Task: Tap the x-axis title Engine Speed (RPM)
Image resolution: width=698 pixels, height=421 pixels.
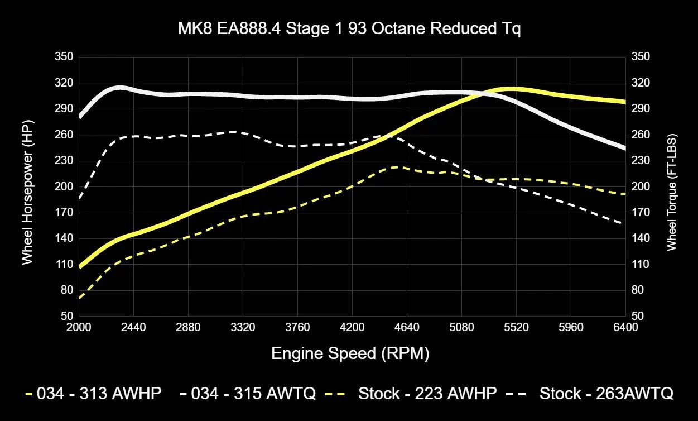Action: (350, 353)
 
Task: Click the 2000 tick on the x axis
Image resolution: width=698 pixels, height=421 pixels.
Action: (79, 327)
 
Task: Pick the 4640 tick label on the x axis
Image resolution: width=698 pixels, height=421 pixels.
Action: (407, 327)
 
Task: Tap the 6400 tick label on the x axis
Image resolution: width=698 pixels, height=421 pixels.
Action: (625, 327)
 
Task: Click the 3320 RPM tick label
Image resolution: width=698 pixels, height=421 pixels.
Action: (243, 327)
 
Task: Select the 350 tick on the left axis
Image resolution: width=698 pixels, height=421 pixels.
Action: (64, 57)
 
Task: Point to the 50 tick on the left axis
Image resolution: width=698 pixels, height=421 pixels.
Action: (66, 316)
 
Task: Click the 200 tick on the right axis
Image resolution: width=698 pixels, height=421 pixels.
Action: (640, 186)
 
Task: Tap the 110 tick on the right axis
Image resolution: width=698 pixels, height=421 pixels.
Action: (640, 264)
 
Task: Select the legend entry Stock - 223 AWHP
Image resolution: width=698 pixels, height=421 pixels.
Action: (427, 394)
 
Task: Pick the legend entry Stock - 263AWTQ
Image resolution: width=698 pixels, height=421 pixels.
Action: (606, 394)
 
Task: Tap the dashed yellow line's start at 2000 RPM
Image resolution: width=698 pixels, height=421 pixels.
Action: (80, 298)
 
